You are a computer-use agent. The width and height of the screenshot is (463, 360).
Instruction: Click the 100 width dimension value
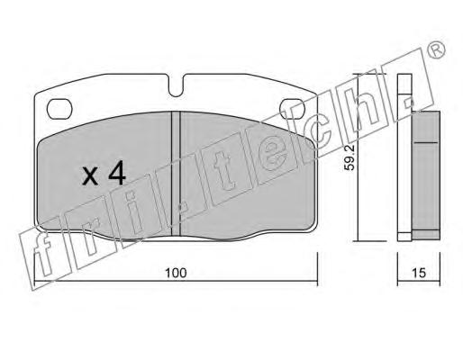coord(176,273)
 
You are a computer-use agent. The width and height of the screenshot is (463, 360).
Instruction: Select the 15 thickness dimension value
coord(419,273)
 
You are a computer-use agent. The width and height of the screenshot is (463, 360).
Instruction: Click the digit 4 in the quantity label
coord(117,172)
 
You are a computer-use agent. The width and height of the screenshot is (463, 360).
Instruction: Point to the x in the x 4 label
coord(90,176)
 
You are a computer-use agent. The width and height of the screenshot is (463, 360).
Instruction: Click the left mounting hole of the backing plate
coord(59,108)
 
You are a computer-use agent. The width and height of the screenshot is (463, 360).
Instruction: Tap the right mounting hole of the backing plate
coord(292,108)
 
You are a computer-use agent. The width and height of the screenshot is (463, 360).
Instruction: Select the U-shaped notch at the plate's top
coord(176,85)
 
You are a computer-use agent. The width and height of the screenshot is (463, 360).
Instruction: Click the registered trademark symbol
coord(436,50)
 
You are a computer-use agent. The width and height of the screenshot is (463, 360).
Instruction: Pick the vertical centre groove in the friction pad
coord(176,174)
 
